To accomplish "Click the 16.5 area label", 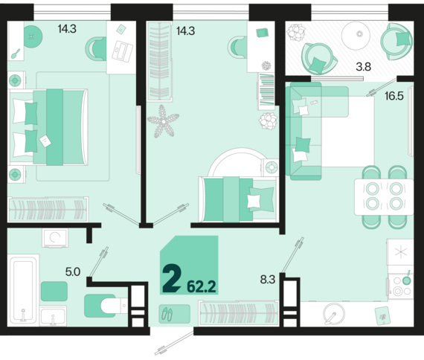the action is [x=394, y=96].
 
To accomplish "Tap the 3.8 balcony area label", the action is [x=363, y=66].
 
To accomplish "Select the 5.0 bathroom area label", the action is [x=73, y=271].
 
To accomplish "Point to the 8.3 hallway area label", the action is [x=268, y=280].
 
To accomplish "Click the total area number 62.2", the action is [x=202, y=286].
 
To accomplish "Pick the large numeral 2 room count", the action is [x=172, y=280].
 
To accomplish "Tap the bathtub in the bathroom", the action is [x=23, y=289].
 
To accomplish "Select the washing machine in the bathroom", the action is [x=55, y=238].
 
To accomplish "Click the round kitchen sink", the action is [x=334, y=314].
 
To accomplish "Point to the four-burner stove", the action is [x=400, y=286].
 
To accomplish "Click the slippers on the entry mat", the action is [x=167, y=315].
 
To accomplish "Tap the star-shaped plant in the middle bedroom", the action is [x=163, y=121].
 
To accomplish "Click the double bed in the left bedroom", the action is [x=48, y=127].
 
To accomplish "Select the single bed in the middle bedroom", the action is [x=239, y=199].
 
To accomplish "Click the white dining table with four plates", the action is [x=384, y=196].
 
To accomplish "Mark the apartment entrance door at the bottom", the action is [x=174, y=342].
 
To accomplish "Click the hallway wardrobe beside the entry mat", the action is [x=239, y=312].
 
